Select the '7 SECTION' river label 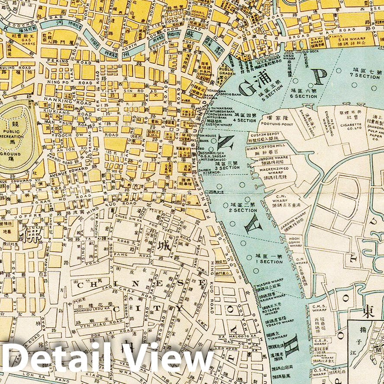[366, 76]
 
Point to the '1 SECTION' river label [269, 261]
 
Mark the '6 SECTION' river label [304, 96]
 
